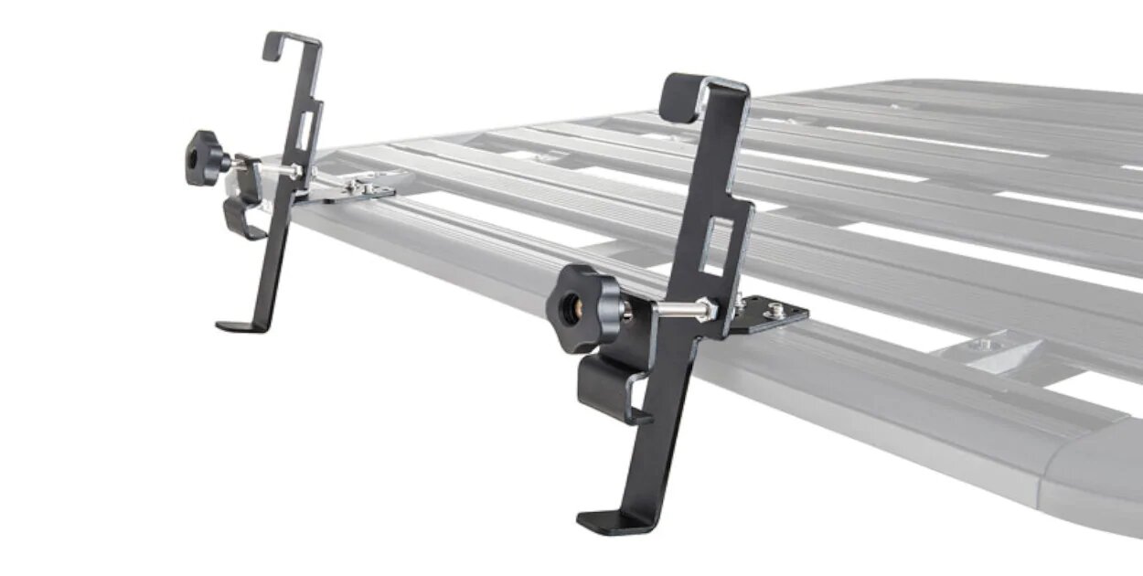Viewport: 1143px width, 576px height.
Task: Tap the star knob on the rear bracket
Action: (204, 158)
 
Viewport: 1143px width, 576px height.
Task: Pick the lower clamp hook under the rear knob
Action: (240, 216)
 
